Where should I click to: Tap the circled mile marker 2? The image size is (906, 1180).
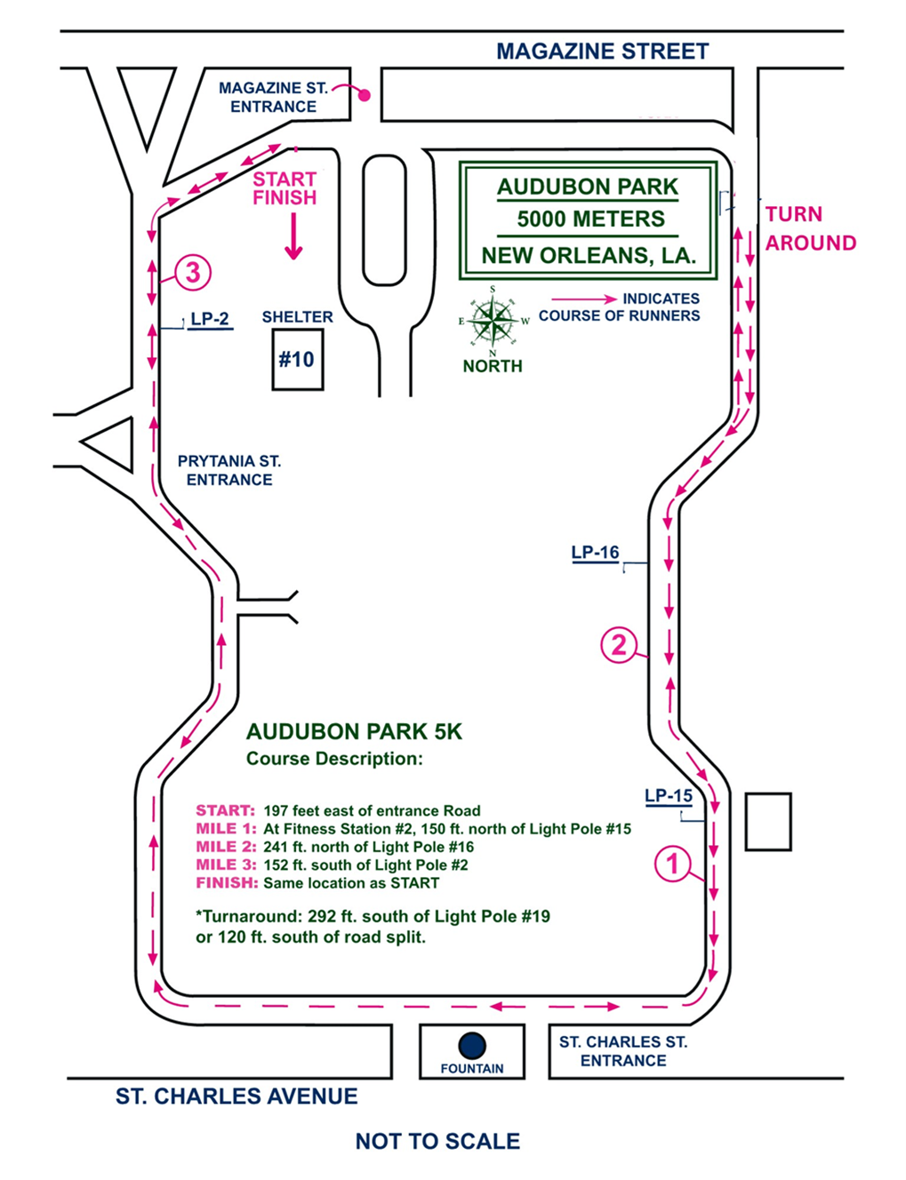point(620,644)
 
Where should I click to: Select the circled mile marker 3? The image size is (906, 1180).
point(193,272)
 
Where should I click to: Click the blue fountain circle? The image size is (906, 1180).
point(472,1046)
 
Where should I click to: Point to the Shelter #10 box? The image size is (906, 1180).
point(297,359)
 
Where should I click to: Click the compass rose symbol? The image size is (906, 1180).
point(493,320)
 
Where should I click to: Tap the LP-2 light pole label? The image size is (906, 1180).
point(210,320)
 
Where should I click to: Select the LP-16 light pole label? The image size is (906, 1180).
point(595,553)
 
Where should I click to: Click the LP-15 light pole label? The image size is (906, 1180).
point(669,795)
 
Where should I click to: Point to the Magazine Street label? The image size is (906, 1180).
point(602,52)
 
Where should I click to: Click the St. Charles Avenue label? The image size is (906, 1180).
point(237,1096)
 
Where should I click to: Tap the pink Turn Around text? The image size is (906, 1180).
point(810,228)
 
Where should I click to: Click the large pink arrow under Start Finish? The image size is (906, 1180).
point(293,240)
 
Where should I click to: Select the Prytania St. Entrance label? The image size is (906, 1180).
point(229,470)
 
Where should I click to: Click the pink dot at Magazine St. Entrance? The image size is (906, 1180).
point(364,95)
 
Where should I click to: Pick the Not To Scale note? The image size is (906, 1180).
point(437,1142)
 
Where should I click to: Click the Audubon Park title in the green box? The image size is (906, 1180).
point(588,187)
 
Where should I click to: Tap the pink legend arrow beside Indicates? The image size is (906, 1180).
point(583,299)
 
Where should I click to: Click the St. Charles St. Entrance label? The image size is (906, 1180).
point(622,1051)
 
